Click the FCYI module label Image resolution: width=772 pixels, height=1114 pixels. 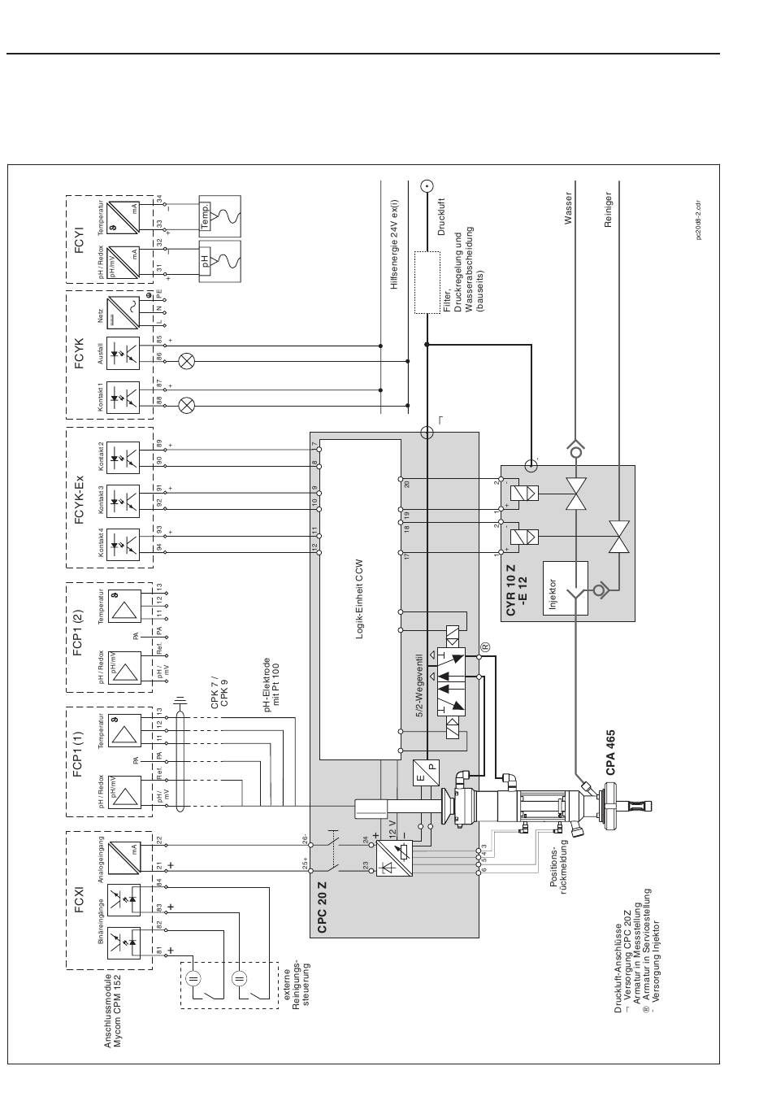(x=80, y=239)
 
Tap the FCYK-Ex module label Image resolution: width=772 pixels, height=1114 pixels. (x=80, y=496)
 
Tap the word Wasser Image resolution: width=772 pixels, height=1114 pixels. (x=569, y=208)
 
